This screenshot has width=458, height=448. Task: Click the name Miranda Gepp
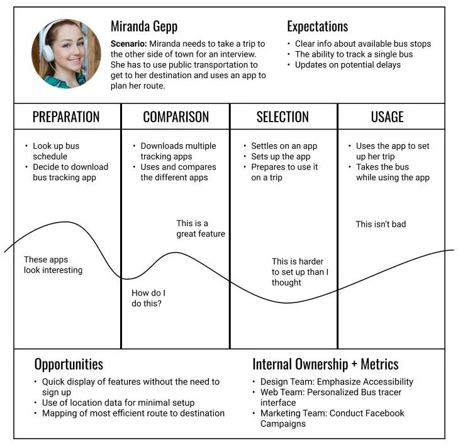click(x=143, y=26)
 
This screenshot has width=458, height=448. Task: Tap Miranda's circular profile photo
click(x=66, y=54)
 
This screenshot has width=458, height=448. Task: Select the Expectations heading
click(x=317, y=26)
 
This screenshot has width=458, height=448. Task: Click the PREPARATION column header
click(x=66, y=117)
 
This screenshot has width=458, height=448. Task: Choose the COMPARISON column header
click(x=176, y=117)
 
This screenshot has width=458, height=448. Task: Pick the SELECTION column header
click(x=282, y=117)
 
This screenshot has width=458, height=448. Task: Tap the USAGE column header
click(x=387, y=117)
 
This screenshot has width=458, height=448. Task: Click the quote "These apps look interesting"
click(x=53, y=265)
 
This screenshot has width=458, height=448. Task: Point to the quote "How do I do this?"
click(x=148, y=298)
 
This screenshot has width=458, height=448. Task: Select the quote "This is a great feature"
click(x=200, y=228)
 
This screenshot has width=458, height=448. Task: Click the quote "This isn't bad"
click(x=381, y=224)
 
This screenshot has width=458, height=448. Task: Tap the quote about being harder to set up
click(x=300, y=272)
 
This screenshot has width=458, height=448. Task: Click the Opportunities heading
click(x=69, y=364)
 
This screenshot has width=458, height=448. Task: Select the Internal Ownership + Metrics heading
click(x=325, y=364)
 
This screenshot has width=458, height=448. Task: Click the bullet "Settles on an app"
click(x=284, y=146)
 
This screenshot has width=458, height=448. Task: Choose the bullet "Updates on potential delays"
click(x=347, y=65)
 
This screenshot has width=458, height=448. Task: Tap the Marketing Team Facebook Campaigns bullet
click(x=332, y=418)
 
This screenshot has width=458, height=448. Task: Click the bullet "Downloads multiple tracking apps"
click(x=177, y=151)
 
